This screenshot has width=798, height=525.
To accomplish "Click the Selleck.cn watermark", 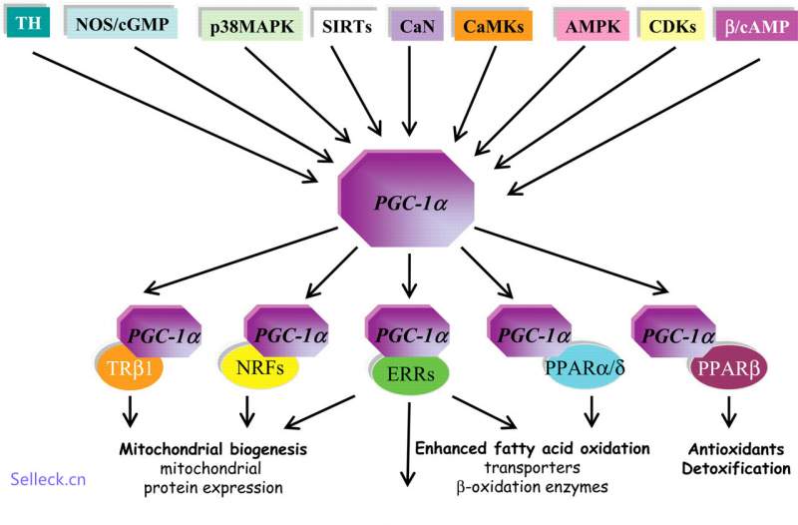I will pos(48,479).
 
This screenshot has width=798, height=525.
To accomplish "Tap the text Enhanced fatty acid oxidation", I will pos(532,448).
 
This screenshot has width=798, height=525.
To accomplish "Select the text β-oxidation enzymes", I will pos(532,487).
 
